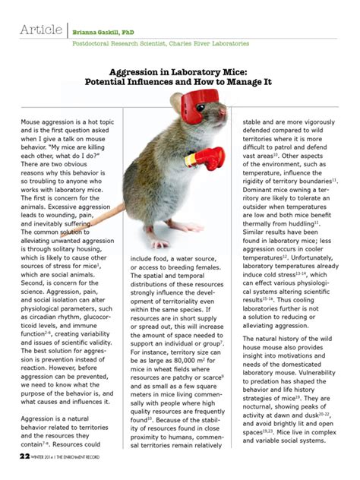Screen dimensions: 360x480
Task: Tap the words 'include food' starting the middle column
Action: coord(151,259)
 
